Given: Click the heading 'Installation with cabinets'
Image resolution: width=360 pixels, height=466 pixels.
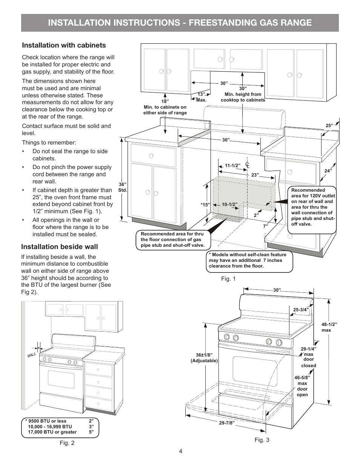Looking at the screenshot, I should pos(64,45).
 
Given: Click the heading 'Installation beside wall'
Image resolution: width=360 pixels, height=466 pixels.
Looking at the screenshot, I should pos(59,247).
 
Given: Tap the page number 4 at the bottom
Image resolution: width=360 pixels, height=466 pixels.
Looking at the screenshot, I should pos(181,451).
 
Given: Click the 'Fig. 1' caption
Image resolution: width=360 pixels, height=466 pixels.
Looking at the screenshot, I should pos(228,279).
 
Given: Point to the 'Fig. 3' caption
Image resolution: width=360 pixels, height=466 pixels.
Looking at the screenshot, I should pos(262,440).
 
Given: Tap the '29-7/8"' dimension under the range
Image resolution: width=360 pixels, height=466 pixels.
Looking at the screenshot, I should pos(227,423).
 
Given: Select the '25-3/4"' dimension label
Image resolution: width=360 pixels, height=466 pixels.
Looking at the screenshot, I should pos(301,310).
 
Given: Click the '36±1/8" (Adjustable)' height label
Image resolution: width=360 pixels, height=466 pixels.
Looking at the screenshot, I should pos(204,358).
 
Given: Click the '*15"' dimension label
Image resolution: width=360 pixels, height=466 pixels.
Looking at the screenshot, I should pos(205,205).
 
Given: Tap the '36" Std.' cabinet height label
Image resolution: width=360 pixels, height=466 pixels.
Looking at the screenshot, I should pos(123,187).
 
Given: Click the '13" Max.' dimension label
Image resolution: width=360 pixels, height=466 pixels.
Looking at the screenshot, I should pos(202,97).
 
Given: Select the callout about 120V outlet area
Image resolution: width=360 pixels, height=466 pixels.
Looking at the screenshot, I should pos(312,207).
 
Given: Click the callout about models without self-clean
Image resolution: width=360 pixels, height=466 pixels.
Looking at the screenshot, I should pos(250,260).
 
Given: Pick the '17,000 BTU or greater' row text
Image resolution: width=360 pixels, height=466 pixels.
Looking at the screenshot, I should pos(52,432).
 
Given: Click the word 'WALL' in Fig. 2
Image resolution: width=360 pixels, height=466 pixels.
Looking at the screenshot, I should pos(32,355).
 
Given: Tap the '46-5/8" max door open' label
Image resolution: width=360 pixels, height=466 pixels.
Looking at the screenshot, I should pos(302,386).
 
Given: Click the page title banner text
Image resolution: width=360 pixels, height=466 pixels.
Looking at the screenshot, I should pos(180,23).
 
